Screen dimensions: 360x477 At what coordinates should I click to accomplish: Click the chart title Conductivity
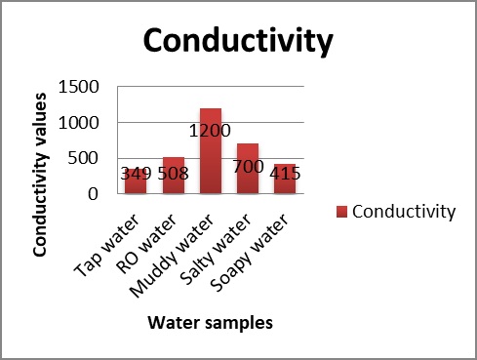click(238, 43)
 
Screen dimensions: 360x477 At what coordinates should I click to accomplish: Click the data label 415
click(286, 175)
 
